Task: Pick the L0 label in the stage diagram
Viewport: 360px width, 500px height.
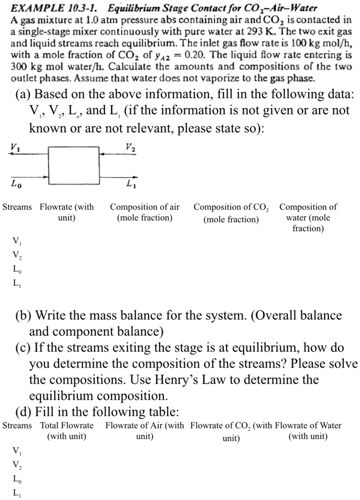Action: pyautogui.click(x=16, y=182)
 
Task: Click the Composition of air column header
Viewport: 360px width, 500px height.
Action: pyautogui.click(x=145, y=213)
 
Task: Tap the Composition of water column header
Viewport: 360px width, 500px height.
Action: pyautogui.click(x=308, y=218)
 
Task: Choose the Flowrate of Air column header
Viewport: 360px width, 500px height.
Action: pyautogui.click(x=144, y=430)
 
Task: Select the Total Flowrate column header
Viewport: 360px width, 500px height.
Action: pyautogui.click(x=67, y=430)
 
